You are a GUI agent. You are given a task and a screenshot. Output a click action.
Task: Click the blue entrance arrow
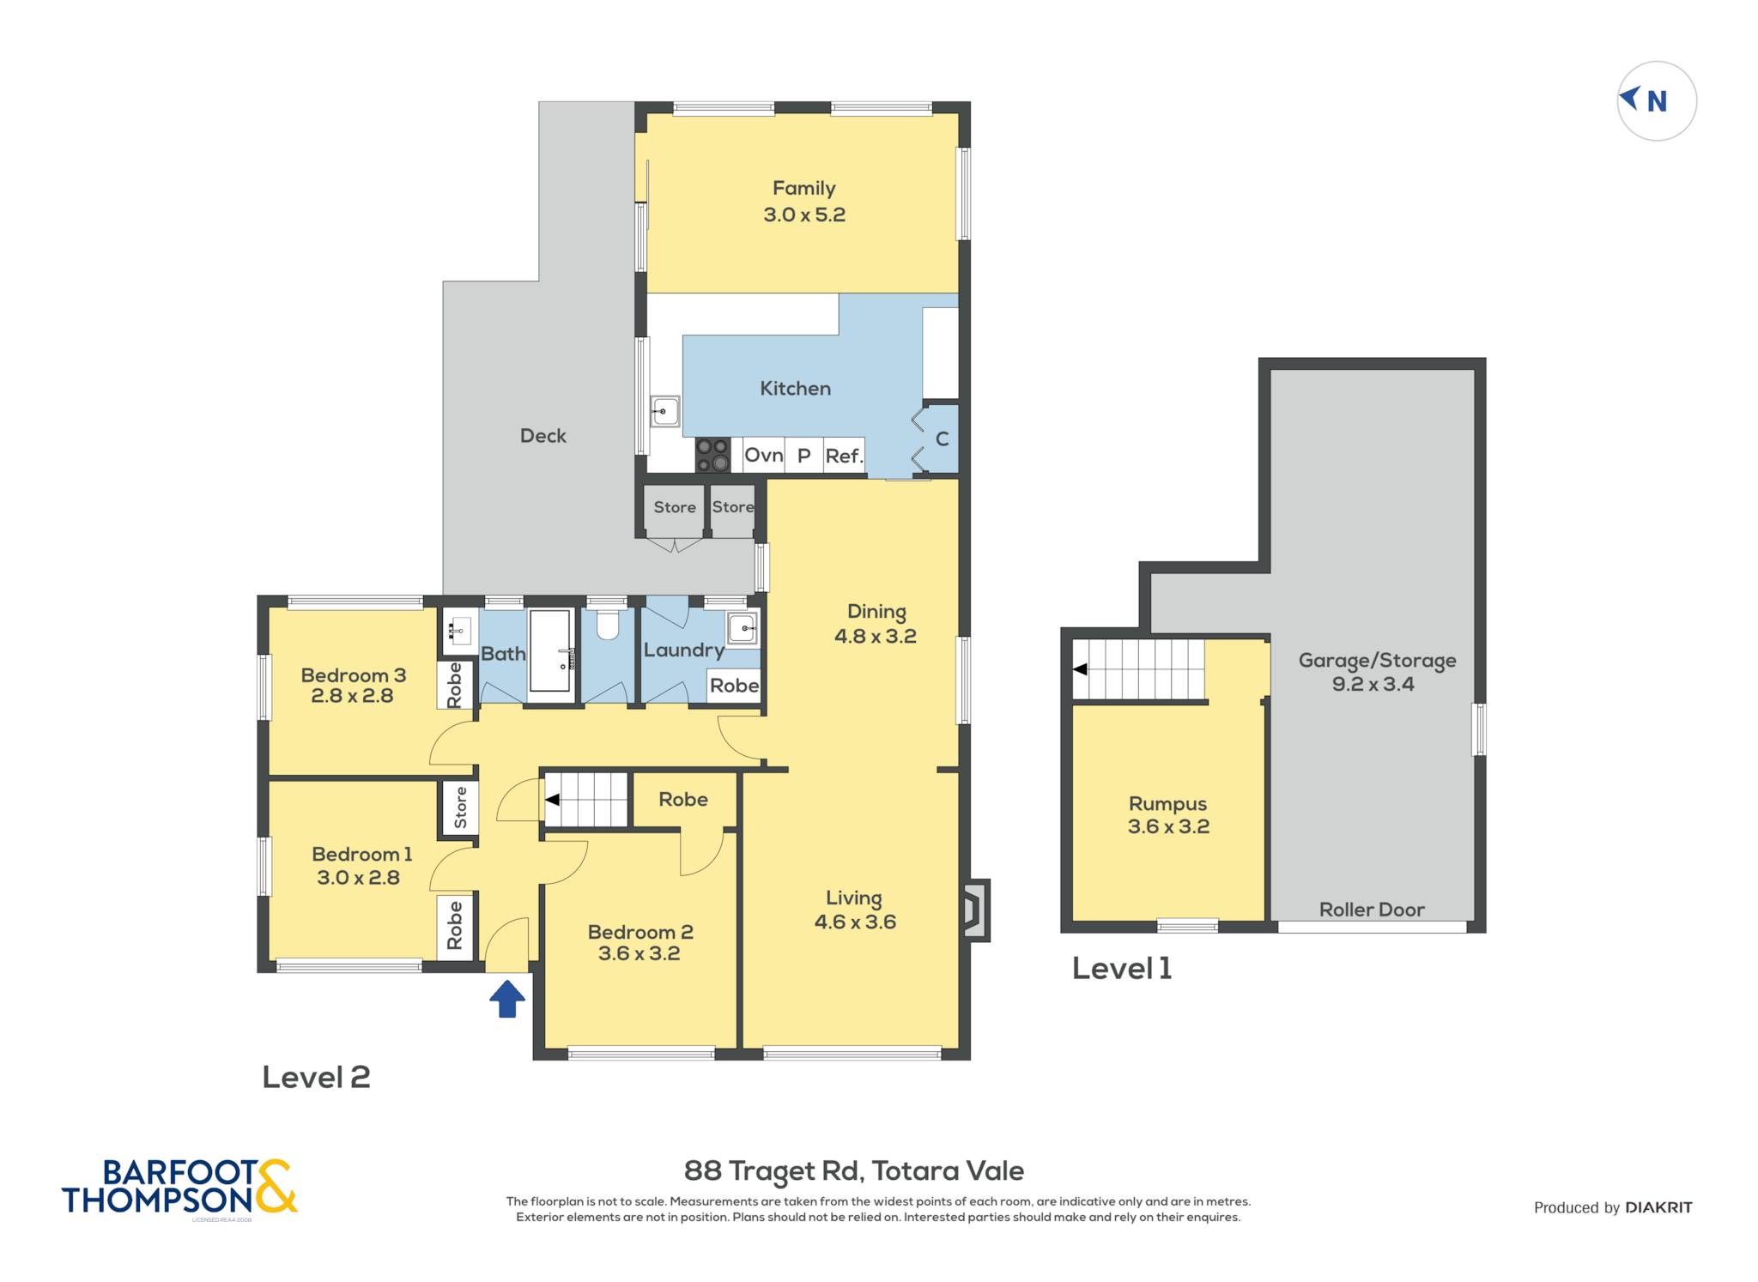coord(507,999)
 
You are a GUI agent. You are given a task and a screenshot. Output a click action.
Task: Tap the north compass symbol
coord(1656,101)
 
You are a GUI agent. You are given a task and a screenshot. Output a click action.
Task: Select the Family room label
coord(804,188)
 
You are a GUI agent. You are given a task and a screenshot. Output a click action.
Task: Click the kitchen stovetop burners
coord(712,456)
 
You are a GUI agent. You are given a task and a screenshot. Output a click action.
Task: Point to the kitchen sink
coord(665,411)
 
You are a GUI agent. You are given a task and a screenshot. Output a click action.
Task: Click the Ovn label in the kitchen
coord(764,455)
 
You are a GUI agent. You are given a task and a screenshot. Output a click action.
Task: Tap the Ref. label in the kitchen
coord(844,456)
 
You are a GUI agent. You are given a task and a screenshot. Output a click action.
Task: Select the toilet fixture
coord(608,625)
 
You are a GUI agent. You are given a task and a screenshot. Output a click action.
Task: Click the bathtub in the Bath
coord(550,651)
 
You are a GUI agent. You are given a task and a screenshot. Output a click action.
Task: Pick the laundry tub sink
coord(743,628)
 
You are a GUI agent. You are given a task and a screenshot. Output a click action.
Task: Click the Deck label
coord(543,436)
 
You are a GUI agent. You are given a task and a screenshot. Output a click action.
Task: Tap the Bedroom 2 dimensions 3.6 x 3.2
coord(640,953)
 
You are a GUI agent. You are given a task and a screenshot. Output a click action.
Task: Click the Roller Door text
coord(1372,910)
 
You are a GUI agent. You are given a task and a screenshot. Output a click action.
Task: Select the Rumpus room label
coord(1167,805)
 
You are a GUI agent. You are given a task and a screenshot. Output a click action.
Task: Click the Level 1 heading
coord(1122,969)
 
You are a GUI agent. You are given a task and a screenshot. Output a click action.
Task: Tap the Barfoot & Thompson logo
coord(179,1188)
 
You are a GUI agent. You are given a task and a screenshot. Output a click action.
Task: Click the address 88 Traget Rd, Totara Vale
coord(854,1171)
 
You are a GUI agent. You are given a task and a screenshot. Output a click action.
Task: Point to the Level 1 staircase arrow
coord(1080,669)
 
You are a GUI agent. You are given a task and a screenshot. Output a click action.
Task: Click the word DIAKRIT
coord(1658,1207)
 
